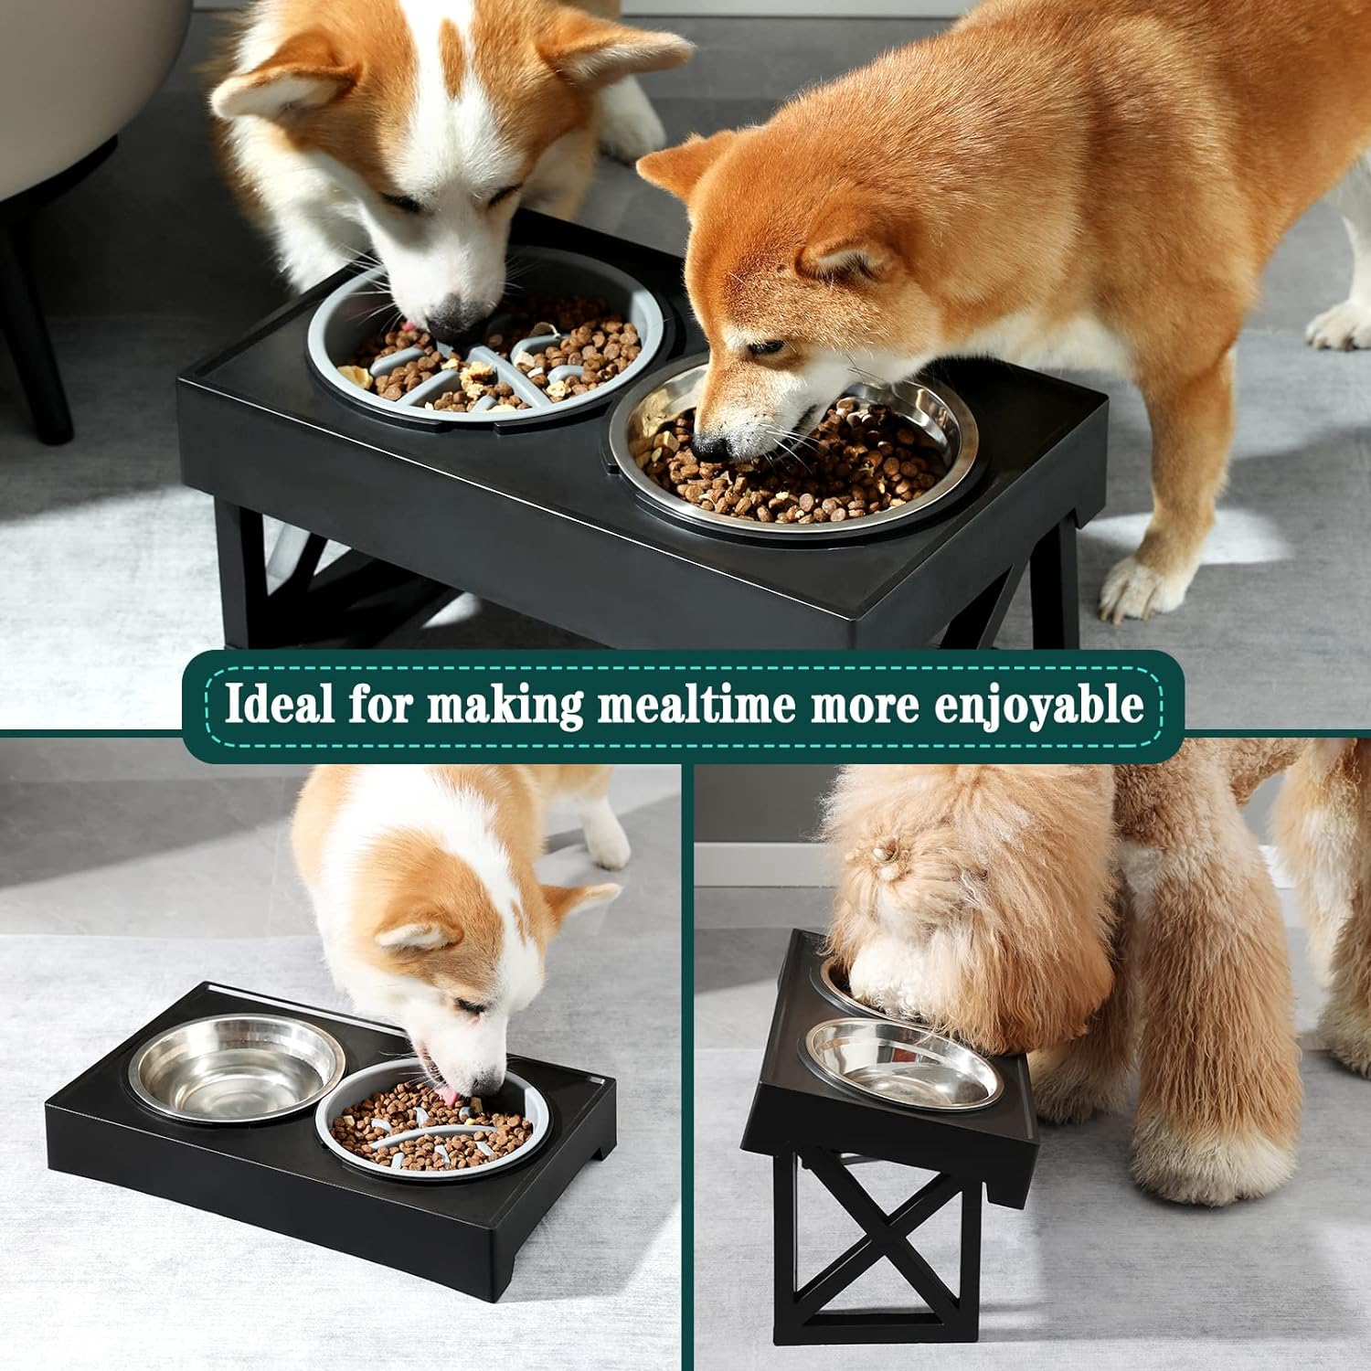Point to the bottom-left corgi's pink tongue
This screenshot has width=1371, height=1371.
coord(445,1094)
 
